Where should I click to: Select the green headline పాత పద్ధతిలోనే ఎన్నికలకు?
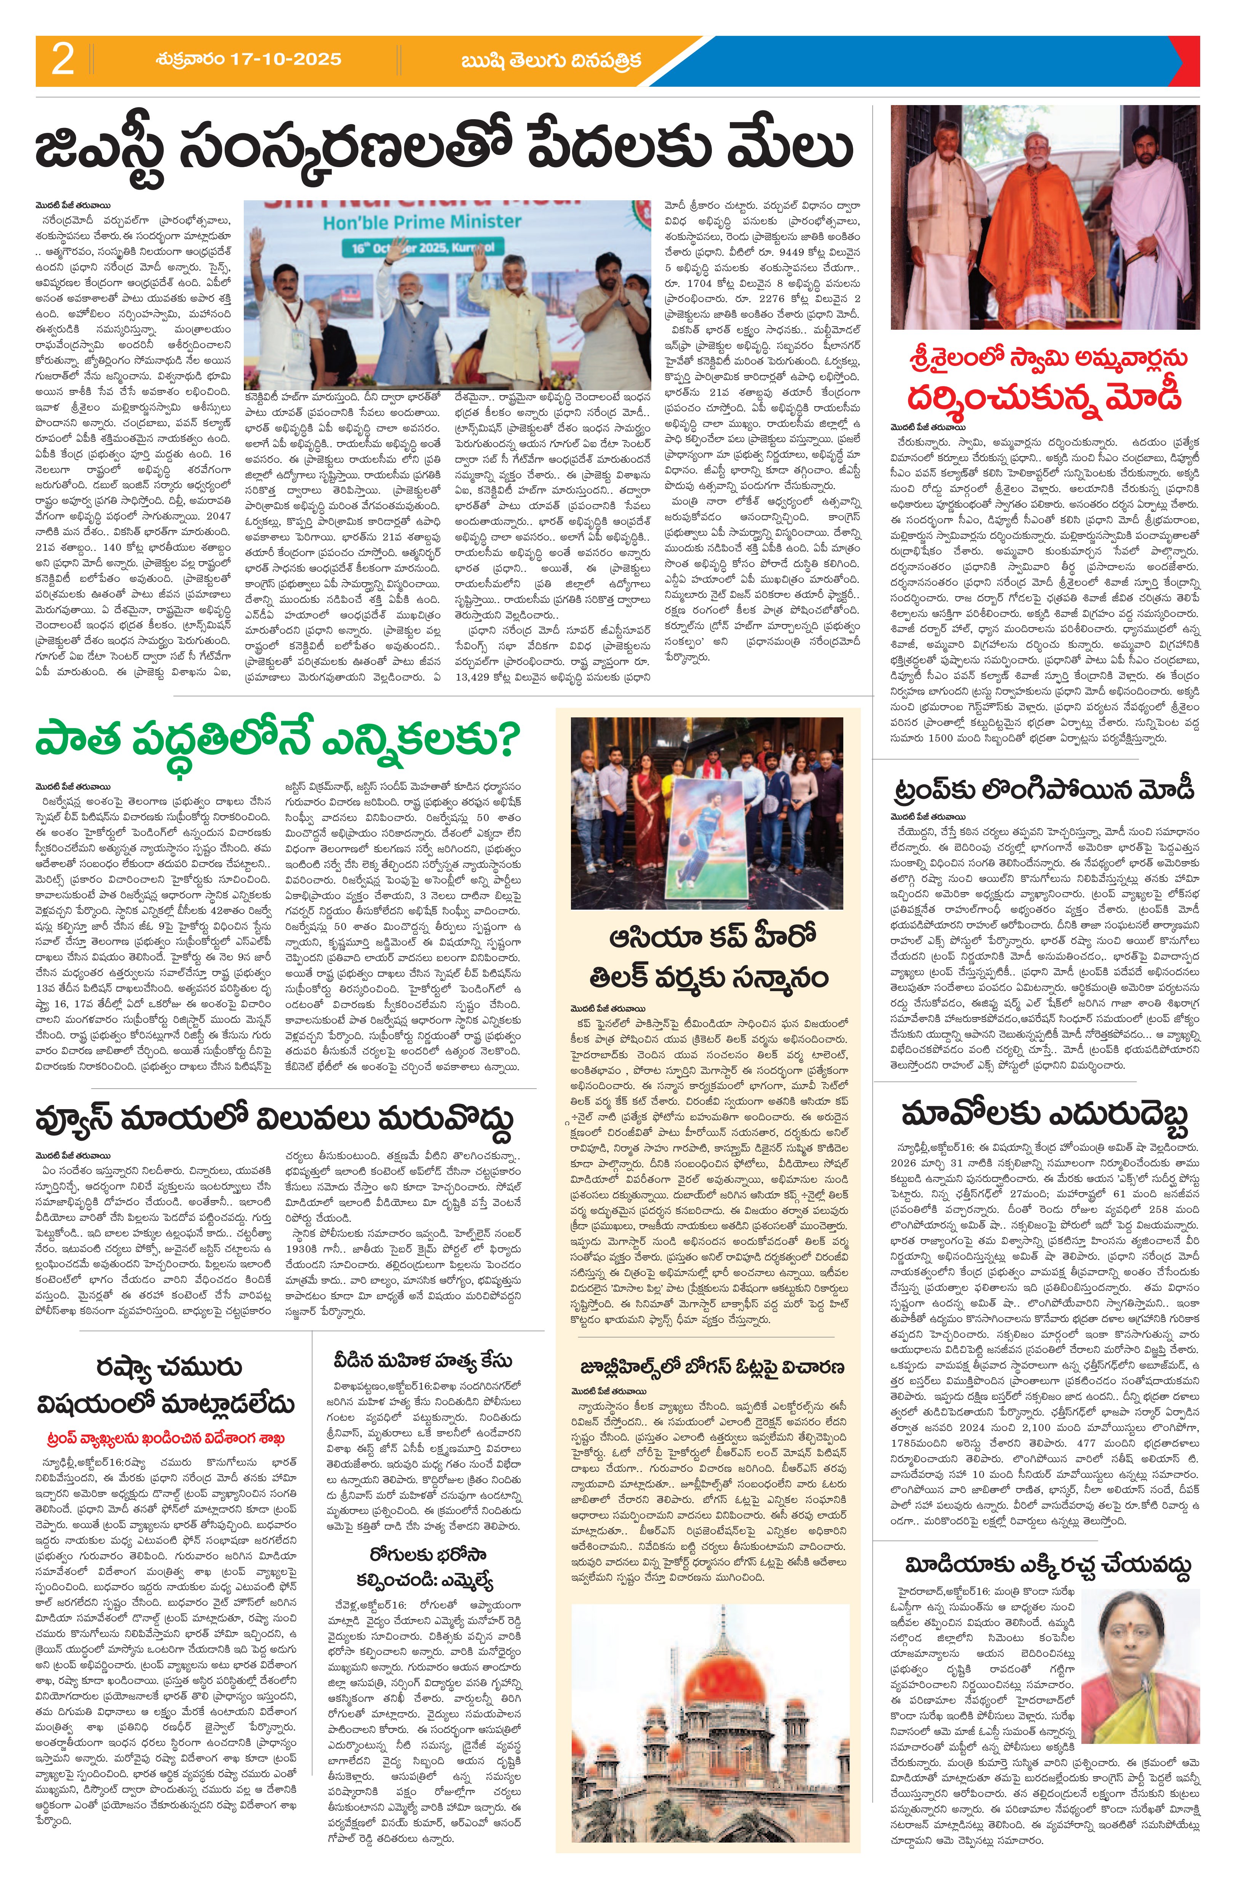pos(275,741)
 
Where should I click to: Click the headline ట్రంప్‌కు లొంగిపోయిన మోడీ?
pos(1041,790)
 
